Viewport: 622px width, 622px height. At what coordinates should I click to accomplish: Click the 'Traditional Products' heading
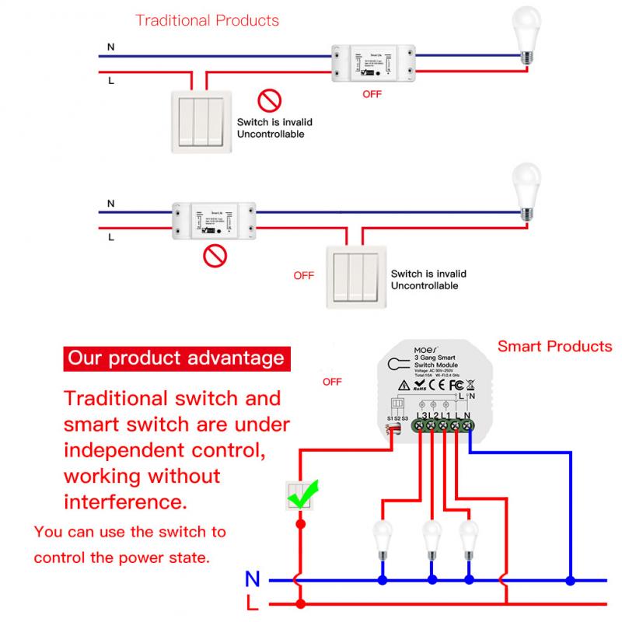(x=207, y=20)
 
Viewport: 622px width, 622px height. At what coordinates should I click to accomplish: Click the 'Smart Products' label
(x=554, y=346)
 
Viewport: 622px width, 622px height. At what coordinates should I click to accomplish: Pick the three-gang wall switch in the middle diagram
(x=355, y=276)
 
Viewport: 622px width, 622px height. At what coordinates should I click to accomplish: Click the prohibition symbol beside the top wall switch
(x=269, y=100)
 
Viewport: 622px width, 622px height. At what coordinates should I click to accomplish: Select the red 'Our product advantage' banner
(x=176, y=358)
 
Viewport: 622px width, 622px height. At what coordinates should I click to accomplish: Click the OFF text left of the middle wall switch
(x=303, y=275)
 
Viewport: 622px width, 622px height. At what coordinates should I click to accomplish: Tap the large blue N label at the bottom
(x=253, y=579)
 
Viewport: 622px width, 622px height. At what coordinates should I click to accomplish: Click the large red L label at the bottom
(x=253, y=603)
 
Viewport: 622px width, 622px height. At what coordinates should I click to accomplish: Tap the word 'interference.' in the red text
(x=125, y=501)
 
